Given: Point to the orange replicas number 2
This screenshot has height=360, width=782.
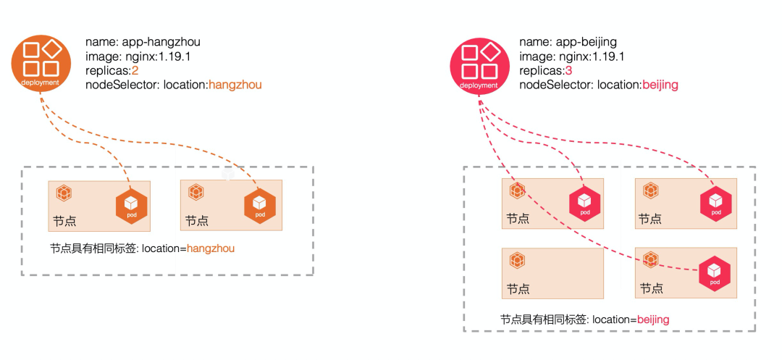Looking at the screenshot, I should pos(135,70).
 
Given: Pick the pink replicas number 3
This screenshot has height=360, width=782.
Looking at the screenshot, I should pos(568,70).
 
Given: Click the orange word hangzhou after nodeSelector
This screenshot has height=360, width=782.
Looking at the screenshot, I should pos(235,85).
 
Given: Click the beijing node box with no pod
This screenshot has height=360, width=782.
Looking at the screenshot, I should pos(552,273).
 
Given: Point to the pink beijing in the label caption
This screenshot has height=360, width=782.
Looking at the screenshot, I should pos(653,319).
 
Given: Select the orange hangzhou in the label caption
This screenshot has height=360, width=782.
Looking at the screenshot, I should pos(211,248).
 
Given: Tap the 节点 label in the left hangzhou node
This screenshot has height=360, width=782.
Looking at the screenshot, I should pos(64,221).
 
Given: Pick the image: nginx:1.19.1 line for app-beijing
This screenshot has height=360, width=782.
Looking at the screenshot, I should pos(572,56).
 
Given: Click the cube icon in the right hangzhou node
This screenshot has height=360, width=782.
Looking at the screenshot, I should pos(195,193).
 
